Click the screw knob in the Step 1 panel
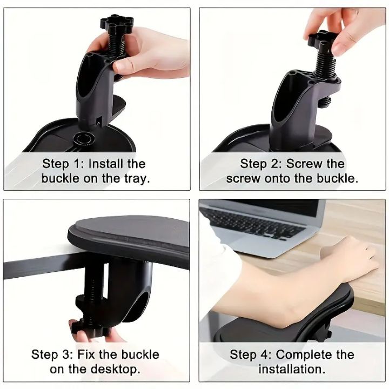coord(112,24)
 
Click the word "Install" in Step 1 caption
coord(107,164)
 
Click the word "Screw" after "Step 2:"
coord(305,164)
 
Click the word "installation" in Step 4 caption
coord(292,370)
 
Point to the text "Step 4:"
coord(251,355)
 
